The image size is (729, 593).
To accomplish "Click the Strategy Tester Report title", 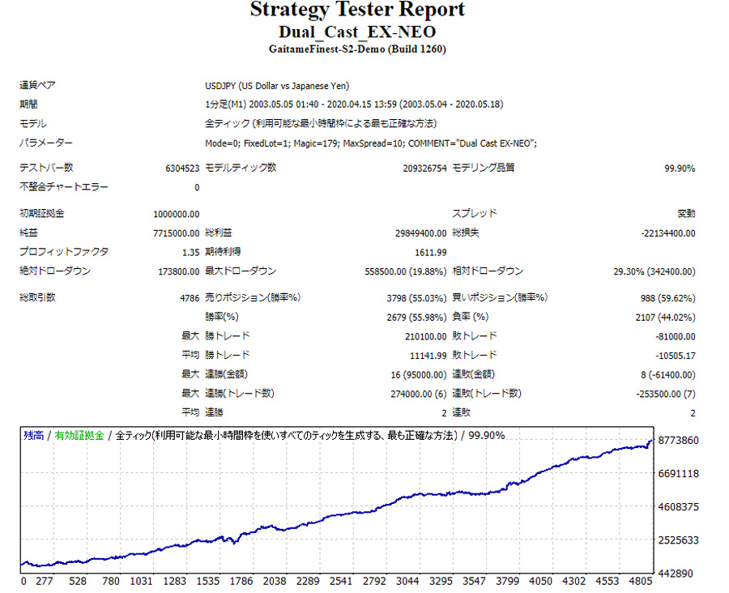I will point(357,11).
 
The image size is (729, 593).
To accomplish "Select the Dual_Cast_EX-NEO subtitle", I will point(357,32).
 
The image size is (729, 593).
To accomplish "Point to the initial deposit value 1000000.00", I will point(176,214).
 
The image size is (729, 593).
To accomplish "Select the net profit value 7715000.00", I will point(176,233).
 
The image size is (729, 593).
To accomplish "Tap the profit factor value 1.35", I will point(191,252).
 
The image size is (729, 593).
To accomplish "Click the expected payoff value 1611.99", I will point(430,252).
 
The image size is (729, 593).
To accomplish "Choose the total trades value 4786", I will point(190,297).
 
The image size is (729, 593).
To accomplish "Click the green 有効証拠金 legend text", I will point(79,436).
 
